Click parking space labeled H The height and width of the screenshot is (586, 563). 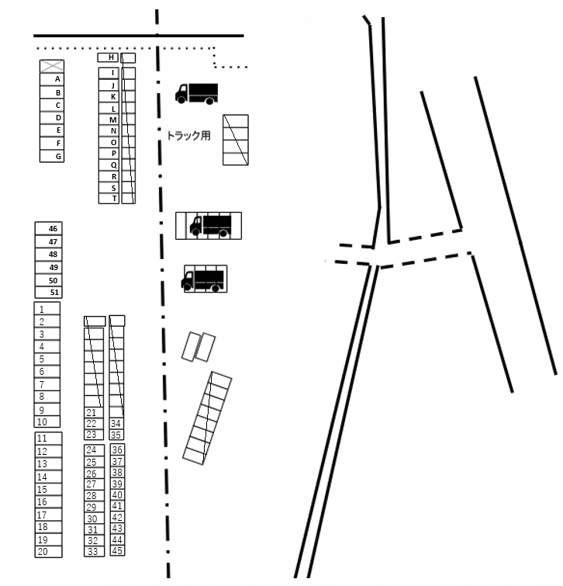click(108, 57)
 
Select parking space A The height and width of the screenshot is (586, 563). click(51, 79)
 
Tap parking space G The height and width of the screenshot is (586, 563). click(51, 156)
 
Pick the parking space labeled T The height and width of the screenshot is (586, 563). click(109, 199)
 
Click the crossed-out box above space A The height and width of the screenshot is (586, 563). click(51, 67)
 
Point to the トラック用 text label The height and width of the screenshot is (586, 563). click(188, 134)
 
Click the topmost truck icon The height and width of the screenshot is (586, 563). click(196, 93)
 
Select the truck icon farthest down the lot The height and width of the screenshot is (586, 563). click(204, 279)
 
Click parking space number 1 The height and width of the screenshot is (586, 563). click(47, 308)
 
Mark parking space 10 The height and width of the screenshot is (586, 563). click(47, 422)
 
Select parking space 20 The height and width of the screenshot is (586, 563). click(47, 552)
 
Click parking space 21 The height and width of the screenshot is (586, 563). click(93, 412)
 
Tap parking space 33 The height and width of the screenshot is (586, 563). click(93, 552)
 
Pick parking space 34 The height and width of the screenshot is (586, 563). click(117, 424)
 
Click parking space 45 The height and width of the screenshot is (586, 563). click(117, 551)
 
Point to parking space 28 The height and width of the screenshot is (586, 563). click(93, 495)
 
